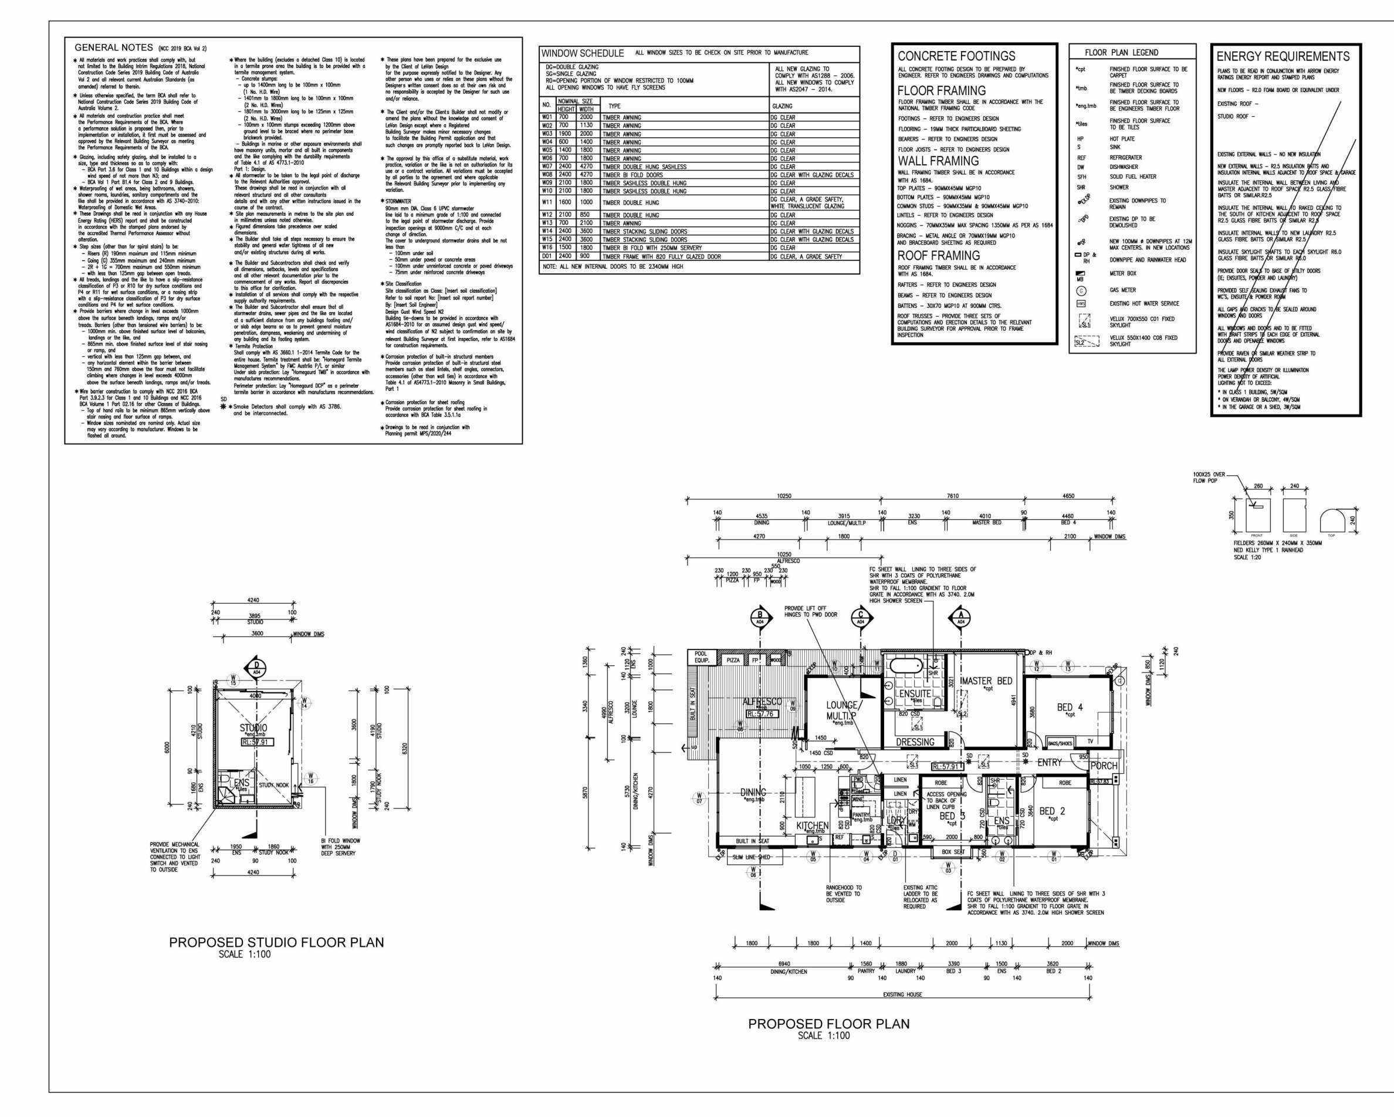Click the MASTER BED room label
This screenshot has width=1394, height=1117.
[x=987, y=681]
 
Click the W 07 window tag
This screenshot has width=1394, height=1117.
[x=699, y=799]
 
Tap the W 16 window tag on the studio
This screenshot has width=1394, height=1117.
[x=310, y=778]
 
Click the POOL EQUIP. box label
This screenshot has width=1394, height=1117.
[x=701, y=658]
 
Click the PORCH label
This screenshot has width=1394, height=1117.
[x=1104, y=766]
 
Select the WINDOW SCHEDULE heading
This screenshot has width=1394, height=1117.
[x=583, y=53]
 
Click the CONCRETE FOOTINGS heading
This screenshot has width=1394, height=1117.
[x=956, y=56]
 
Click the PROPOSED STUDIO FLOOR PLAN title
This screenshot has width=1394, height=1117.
[x=276, y=943]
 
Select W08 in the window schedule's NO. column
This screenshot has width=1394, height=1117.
[x=547, y=175]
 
